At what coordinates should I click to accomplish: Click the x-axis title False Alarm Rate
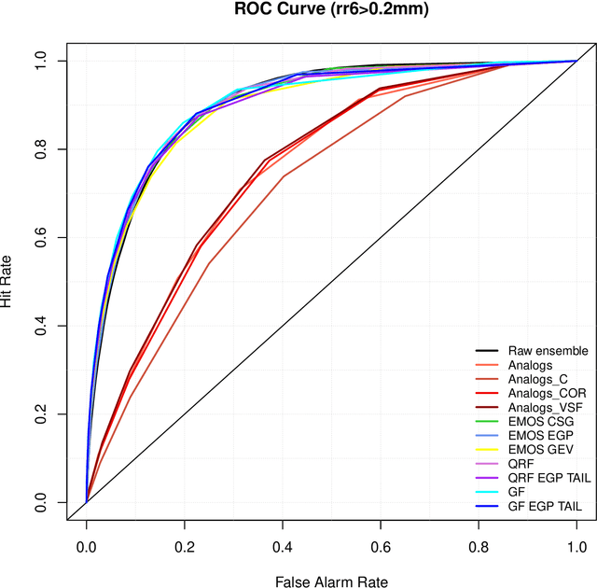tap(331, 581)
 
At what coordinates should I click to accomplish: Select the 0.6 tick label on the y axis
tap(40, 237)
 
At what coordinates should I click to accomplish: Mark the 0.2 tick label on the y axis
tap(40, 414)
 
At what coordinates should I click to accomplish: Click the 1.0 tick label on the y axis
tap(40, 61)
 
